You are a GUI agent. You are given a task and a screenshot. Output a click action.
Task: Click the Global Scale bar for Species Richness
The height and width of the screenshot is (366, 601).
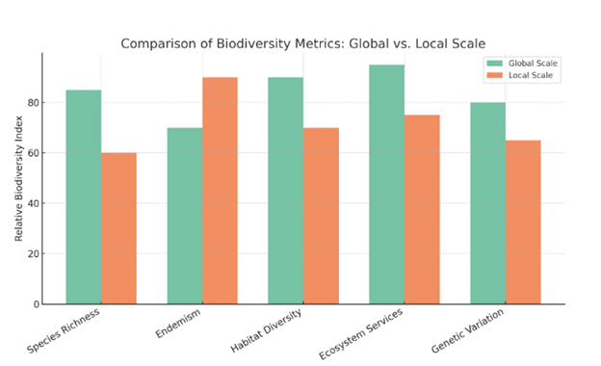point(83,197)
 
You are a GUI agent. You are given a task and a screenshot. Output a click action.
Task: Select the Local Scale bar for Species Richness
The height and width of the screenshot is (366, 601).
point(118,228)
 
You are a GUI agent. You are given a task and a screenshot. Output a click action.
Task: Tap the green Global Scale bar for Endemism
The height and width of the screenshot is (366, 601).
point(184,216)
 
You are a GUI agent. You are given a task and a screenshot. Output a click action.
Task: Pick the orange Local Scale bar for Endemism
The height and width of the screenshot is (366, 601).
point(220,191)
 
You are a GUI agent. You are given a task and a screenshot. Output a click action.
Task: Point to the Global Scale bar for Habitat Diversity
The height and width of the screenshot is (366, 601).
point(285,191)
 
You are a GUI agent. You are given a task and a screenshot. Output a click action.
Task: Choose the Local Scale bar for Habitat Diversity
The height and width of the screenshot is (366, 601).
point(321,216)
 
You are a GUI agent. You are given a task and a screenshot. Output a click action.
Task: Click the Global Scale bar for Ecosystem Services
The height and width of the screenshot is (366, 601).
point(386,185)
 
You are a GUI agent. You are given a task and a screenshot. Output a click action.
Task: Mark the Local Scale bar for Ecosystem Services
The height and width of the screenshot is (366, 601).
point(422,210)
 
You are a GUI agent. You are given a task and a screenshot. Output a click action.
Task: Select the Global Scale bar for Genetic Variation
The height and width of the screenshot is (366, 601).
point(487,203)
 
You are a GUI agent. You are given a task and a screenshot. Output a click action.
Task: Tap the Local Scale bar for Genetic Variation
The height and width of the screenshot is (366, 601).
point(523,222)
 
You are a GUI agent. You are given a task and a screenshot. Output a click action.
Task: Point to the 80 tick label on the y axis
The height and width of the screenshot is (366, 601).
point(34,102)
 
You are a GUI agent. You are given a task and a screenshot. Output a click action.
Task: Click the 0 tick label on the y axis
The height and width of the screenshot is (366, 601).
point(37,304)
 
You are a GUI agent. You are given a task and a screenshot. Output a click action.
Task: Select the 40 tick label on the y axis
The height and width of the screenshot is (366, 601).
point(34,203)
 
